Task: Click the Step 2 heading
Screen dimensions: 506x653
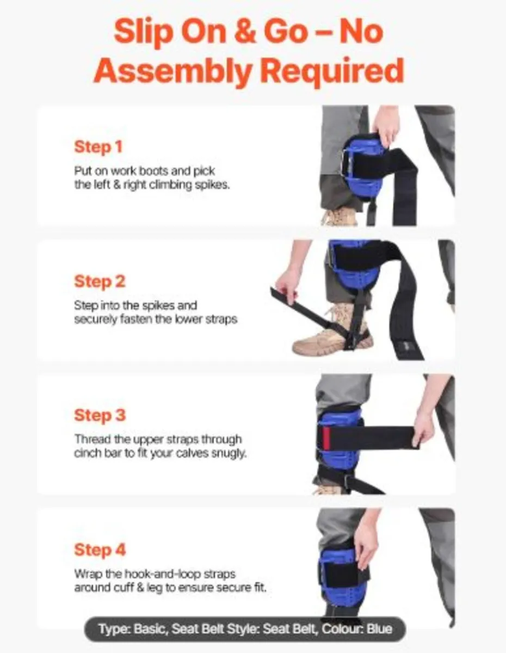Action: (x=100, y=281)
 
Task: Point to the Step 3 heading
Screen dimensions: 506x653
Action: (x=100, y=415)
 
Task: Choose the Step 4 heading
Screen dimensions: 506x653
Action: (x=100, y=550)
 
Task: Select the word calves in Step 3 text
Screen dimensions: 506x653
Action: (x=191, y=453)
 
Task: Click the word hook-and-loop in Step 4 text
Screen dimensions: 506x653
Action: (x=162, y=574)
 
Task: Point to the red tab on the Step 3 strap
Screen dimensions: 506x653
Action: (x=326, y=437)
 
